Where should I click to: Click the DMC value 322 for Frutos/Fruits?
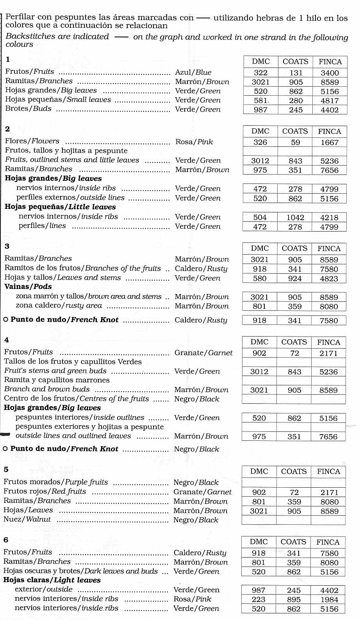pyautogui.click(x=260, y=73)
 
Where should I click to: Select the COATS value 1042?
pyautogui.click(x=295, y=217)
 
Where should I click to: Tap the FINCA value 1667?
pyautogui.click(x=330, y=143)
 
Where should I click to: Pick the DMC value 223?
pyautogui.click(x=258, y=599)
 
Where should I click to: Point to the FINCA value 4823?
pyautogui.click(x=329, y=278)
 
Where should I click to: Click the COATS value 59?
pyautogui.click(x=296, y=143)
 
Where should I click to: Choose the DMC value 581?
pyautogui.click(x=260, y=100)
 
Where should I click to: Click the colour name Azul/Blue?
pyautogui.click(x=193, y=72)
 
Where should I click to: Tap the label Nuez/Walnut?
pyautogui.click(x=27, y=519)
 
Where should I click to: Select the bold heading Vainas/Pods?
pyautogui.click(x=28, y=287)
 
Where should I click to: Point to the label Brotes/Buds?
pyautogui.click(x=29, y=109)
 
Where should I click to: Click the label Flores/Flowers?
pyautogui.click(x=32, y=141)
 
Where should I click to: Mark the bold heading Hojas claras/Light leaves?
pyautogui.click(x=52, y=580)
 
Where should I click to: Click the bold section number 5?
pyautogui.click(x=6, y=469)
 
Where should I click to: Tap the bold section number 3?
pyautogui.click(x=7, y=246)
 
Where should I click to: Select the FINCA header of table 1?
pyautogui.click(x=330, y=62)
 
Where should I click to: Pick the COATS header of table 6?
pyautogui.click(x=293, y=542)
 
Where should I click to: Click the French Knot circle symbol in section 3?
pyautogui.click(x=6, y=320)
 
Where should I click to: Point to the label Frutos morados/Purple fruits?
pyautogui.click(x=56, y=482)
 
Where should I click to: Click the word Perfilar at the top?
pyautogui.click(x=21, y=17)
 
